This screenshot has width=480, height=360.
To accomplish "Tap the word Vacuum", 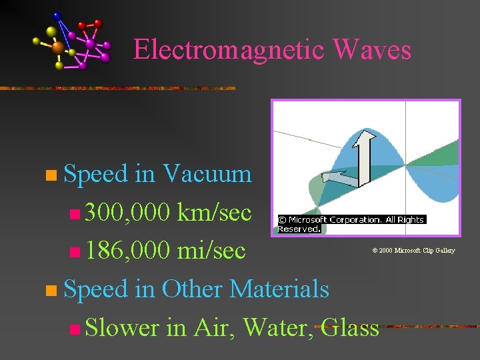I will point(207,174).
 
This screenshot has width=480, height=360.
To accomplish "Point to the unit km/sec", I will point(214,213).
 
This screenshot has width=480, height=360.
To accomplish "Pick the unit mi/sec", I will point(211,251).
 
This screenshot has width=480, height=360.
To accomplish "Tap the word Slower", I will point(122,327).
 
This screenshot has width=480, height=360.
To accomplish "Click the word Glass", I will point(349,327).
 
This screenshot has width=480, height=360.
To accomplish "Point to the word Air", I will point(212,327).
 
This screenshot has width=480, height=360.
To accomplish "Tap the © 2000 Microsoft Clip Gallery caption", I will point(413,251).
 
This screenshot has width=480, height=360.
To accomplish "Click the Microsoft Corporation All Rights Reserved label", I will point(350,223).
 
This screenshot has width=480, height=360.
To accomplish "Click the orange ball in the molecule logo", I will point(58,47).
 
